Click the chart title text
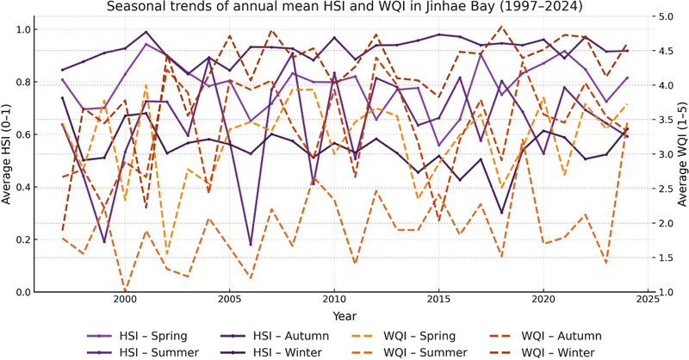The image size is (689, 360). [x=344, y=8]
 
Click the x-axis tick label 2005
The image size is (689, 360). [x=229, y=301]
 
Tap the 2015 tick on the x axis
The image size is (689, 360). [x=438, y=301]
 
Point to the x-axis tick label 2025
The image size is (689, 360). [x=648, y=301]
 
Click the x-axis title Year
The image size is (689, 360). [x=344, y=315]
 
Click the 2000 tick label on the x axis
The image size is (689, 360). [x=124, y=301]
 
